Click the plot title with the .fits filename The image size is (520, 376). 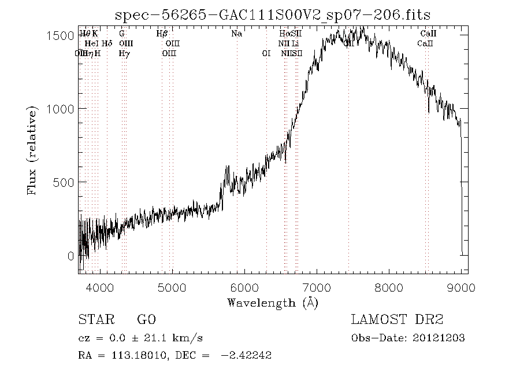pos(273,14)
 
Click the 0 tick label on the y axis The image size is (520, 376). pos(71,256)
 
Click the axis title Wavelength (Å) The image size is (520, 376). pos(273,303)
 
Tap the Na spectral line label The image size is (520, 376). pos(236,34)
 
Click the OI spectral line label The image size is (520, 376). pos(266,53)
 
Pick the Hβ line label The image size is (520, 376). pos(162,34)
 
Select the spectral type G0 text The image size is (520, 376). pos(146,320)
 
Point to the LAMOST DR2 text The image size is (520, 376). pos(396,320)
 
